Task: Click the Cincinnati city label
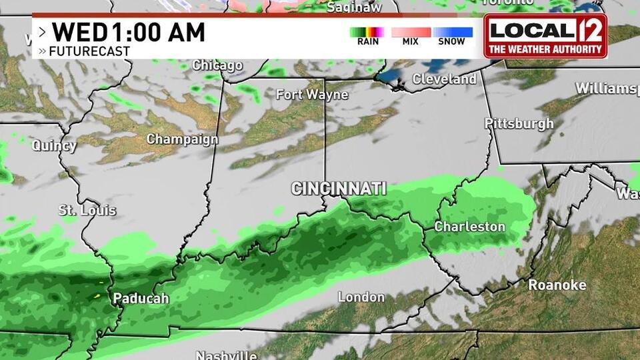coord(339,189)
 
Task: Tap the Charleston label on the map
coord(469,227)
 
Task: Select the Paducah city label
coord(141,298)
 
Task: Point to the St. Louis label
coord(87,211)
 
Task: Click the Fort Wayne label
coord(312,95)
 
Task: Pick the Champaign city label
coord(182,139)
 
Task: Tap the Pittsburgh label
coord(519,123)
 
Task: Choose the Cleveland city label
coord(444,79)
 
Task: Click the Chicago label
coord(217,65)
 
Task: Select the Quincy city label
coord(54,145)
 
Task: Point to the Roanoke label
coord(557,285)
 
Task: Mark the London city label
coord(361,297)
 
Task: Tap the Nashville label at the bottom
coord(226,355)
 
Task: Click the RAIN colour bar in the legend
coord(367,31)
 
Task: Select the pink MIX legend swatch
coord(411,31)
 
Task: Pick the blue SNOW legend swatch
coord(453,31)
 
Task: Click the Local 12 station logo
coord(545,35)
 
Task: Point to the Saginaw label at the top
coord(354,7)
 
